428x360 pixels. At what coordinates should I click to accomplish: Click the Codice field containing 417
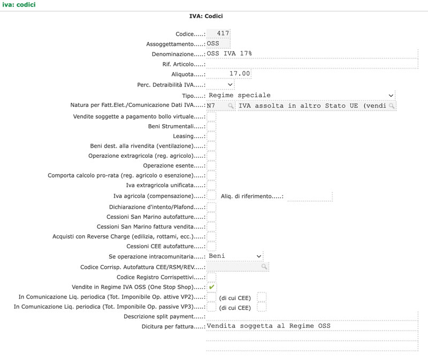(x=218, y=33)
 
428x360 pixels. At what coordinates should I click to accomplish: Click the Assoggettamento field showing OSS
(x=218, y=43)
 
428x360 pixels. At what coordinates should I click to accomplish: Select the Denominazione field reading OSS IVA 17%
(x=312, y=53)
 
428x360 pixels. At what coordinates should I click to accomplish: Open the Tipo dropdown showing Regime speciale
(x=301, y=95)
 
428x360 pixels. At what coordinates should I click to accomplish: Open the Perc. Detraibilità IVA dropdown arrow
(x=230, y=85)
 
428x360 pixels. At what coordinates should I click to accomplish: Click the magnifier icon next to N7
(x=231, y=105)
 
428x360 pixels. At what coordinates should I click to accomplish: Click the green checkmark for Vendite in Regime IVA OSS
(x=211, y=287)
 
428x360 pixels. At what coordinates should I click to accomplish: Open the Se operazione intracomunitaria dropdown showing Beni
(x=235, y=256)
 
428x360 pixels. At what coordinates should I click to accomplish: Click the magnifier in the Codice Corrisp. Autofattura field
(x=264, y=266)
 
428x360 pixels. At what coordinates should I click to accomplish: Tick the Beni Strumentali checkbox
(x=211, y=126)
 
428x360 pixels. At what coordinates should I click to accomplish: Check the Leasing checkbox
(x=211, y=136)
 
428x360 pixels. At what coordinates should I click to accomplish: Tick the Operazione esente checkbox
(x=211, y=166)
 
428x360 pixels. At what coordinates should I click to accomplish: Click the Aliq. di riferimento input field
(x=310, y=196)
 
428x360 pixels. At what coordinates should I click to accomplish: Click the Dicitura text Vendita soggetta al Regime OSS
(x=269, y=326)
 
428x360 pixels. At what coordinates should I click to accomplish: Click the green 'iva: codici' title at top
(x=19, y=5)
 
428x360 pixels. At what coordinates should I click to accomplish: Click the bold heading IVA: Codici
(x=206, y=16)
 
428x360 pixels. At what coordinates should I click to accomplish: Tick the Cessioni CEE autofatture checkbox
(x=211, y=247)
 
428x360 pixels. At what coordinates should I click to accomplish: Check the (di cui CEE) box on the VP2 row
(x=262, y=297)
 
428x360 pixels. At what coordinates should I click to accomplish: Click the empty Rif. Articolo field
(x=312, y=64)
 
